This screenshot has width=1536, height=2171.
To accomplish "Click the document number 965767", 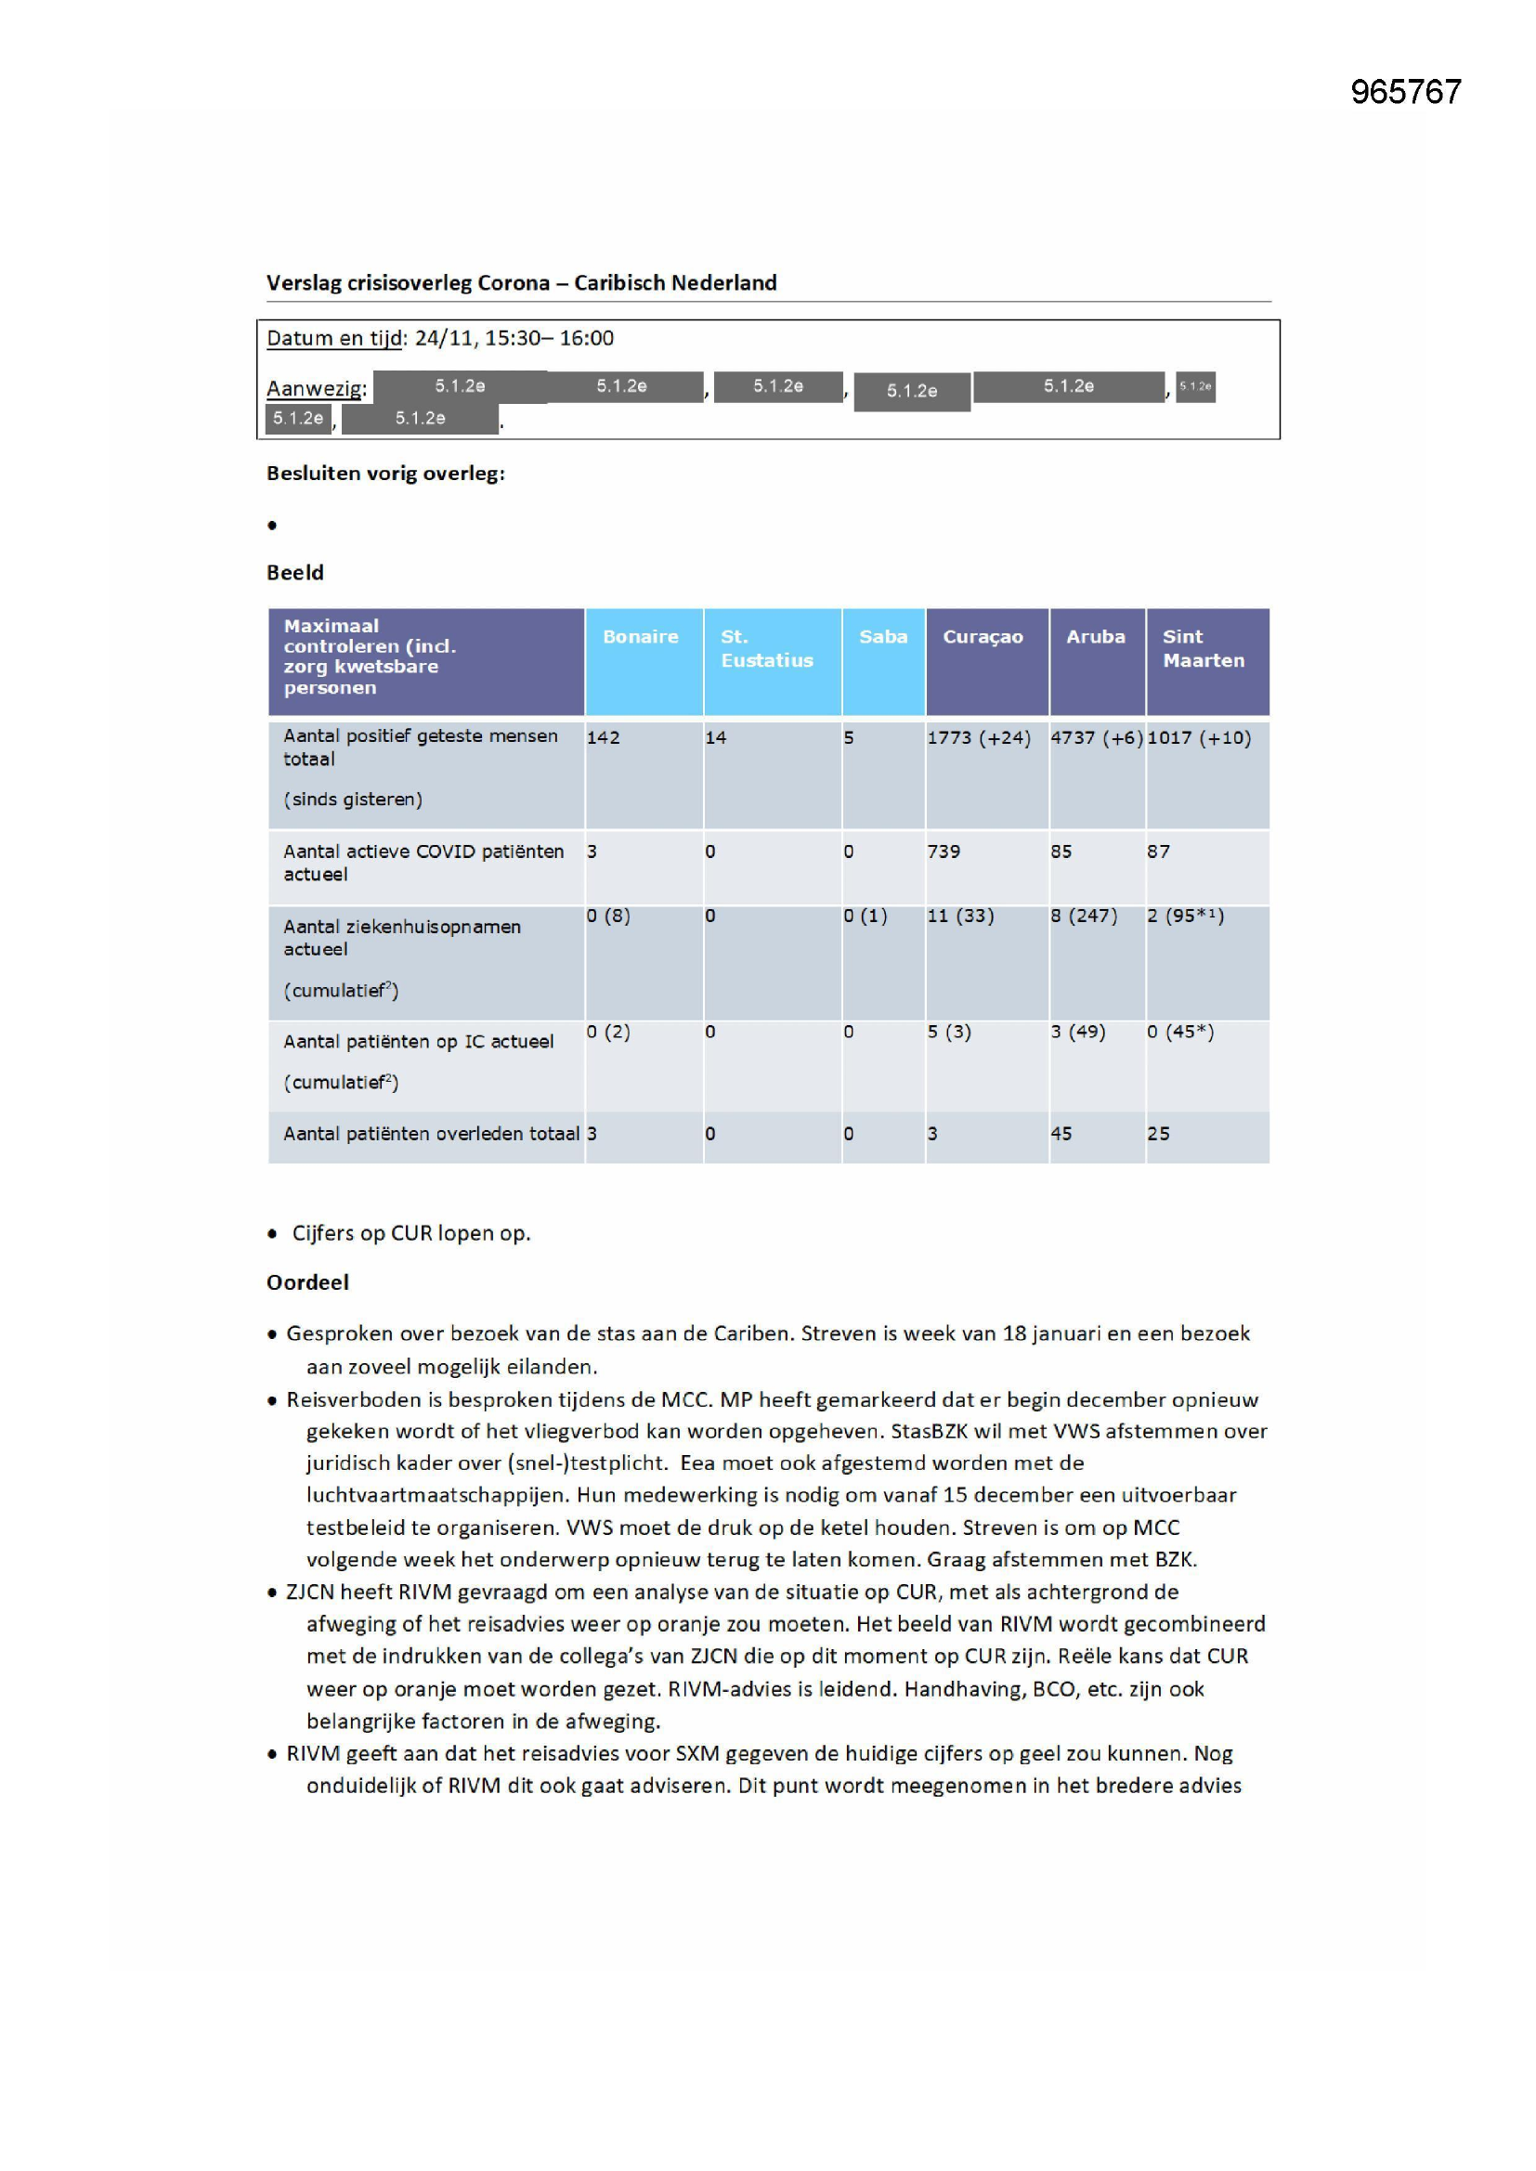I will [x=1405, y=92].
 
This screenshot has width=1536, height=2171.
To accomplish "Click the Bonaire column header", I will [x=641, y=636].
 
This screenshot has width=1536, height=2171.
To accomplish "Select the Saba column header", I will [x=882, y=636].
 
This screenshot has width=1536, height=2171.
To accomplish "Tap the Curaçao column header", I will [x=983, y=636].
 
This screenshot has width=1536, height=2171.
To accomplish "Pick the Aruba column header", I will [x=1095, y=636].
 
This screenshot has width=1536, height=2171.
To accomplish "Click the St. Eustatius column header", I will [x=766, y=648].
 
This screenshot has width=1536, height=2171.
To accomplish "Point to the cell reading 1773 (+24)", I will [x=979, y=737].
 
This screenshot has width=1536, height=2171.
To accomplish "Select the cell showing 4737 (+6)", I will [x=1096, y=737].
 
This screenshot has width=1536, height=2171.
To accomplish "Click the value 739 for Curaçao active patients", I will [x=944, y=851].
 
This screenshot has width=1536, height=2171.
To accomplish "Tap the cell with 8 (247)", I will [x=1084, y=916].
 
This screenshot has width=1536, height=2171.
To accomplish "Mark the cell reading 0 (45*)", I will [x=1180, y=1031].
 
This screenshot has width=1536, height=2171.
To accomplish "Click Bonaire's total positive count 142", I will [x=604, y=737].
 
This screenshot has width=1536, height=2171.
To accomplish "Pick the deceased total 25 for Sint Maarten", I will [x=1159, y=1133].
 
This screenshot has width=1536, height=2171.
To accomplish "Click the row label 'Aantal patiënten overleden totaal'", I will [x=431, y=1133].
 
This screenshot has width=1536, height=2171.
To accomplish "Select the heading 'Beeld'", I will [x=295, y=572].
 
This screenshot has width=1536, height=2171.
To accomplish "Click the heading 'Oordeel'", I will [x=307, y=1282].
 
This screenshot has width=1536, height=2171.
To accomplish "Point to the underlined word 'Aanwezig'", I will [x=315, y=388].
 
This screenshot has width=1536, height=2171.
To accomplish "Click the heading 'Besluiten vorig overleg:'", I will [x=386, y=473].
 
